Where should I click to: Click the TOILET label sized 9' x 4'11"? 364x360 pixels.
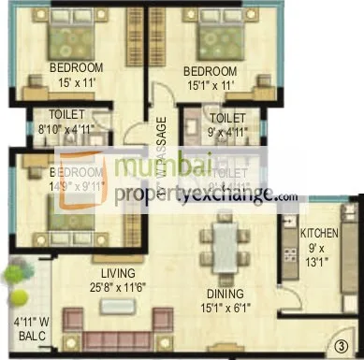click(x=227, y=120)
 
